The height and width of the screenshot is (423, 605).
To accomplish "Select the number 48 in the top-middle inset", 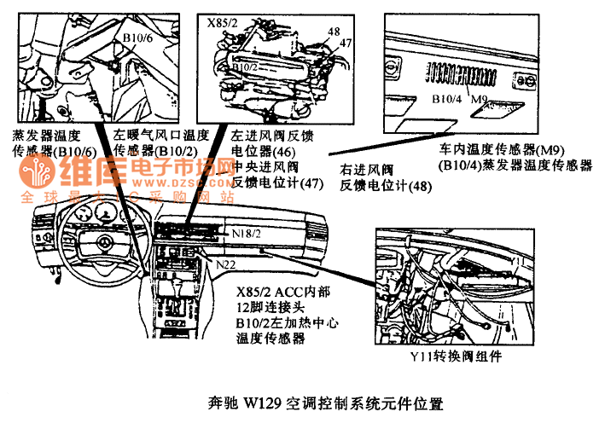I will tap(333, 32).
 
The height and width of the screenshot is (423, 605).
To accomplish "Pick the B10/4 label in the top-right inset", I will tap(445, 99).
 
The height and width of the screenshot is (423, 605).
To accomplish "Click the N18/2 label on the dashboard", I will tap(246, 232).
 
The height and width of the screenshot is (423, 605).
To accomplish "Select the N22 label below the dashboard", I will tap(226, 264).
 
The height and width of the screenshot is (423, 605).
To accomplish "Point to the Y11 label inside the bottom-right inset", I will tap(515, 258).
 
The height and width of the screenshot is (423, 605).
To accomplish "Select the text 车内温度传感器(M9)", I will tap(496, 151).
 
